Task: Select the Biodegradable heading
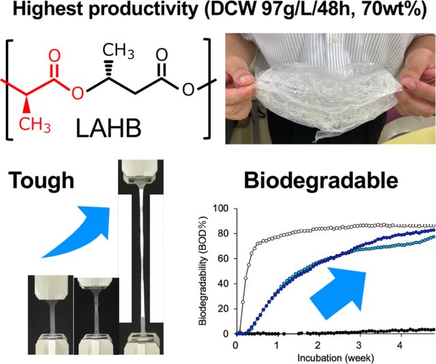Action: click(x=321, y=180)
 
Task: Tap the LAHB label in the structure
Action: click(x=108, y=128)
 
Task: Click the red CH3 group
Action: click(x=35, y=124)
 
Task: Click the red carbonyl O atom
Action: click(x=54, y=56)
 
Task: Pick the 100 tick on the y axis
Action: click(x=221, y=208)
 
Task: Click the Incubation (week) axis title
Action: click(x=336, y=358)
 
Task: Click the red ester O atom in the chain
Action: click(x=78, y=93)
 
